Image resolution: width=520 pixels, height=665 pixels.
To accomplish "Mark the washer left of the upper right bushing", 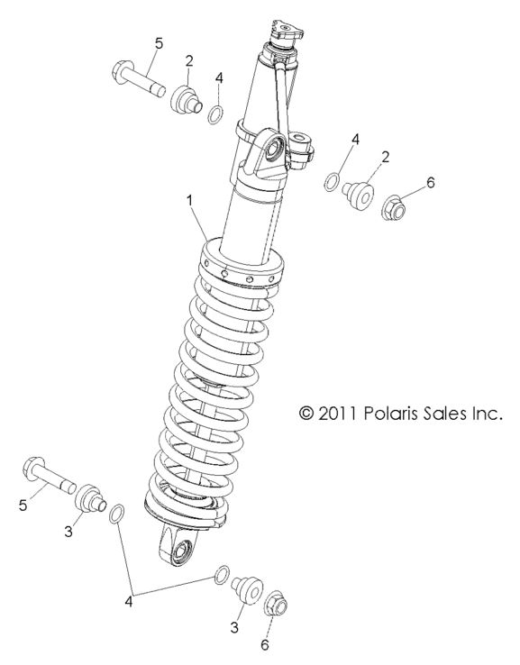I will pyautogui.click(x=333, y=183).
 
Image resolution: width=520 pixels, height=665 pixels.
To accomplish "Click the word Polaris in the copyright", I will pyautogui.click(x=394, y=413).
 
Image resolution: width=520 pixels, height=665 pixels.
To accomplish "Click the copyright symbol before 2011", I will pyautogui.click(x=307, y=413).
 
